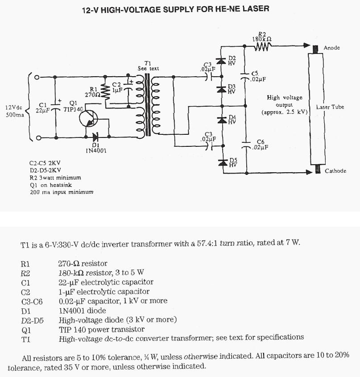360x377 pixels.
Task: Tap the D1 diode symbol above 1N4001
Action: point(95,137)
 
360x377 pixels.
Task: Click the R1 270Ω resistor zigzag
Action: point(106,92)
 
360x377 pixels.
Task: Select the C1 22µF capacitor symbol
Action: point(55,107)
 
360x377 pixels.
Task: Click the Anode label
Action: point(331,48)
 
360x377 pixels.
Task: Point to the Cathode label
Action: point(335,171)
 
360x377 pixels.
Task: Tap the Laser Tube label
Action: point(330,107)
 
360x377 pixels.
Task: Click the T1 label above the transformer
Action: point(148,63)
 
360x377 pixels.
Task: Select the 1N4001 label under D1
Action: point(95,150)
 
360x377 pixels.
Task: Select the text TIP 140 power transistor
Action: point(102,329)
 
